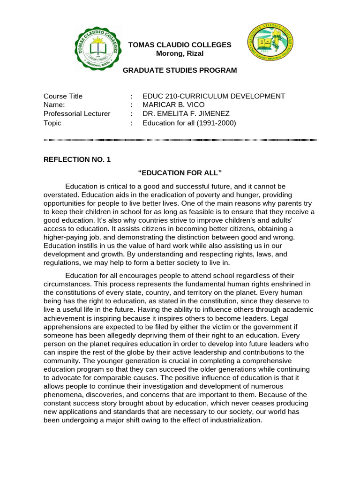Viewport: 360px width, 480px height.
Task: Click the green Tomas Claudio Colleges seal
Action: coord(98,48)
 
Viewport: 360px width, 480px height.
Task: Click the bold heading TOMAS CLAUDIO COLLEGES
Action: coord(180,45)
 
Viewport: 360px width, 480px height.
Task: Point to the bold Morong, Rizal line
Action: coord(180,53)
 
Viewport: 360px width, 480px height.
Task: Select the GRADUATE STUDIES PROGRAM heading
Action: coord(180,70)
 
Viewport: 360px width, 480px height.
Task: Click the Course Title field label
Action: coord(63,96)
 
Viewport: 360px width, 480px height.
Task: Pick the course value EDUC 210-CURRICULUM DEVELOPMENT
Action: coord(214,96)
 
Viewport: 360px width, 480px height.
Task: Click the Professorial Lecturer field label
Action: coord(77,114)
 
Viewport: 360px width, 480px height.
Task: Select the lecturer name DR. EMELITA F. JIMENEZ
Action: coord(186,114)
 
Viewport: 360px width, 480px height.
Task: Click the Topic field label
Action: coord(52,123)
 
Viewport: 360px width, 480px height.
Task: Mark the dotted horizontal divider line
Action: coord(180,140)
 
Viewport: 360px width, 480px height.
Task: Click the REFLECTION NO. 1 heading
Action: coord(77,159)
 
